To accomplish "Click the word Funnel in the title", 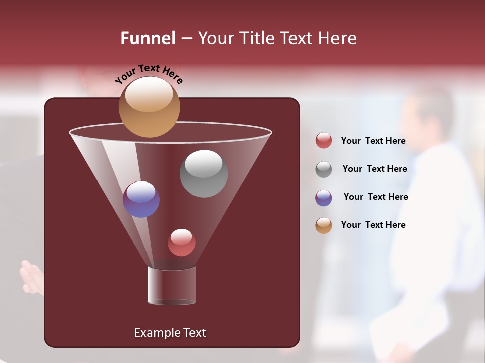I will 148,38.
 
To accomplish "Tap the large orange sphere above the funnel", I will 149,107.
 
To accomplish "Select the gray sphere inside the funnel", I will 204,173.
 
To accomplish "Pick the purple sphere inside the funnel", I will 141,199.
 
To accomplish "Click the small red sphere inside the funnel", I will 181,243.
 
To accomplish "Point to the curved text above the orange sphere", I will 149,73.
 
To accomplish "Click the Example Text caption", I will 170,333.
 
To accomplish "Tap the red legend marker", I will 324,141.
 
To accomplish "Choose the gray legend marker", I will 324,169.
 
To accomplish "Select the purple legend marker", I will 324,198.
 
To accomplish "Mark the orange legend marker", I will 324,225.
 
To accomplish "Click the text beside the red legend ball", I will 373,141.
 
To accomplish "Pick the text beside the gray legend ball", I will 374,169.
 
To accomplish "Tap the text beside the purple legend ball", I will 375,197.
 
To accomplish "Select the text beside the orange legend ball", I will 373,225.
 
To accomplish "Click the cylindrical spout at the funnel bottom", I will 171,285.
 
